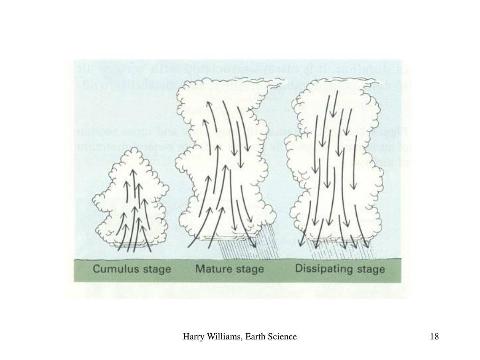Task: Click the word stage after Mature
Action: pyautogui.click(x=248, y=270)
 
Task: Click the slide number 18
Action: pyautogui.click(x=434, y=337)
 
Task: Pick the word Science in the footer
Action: pyautogui.click(x=282, y=337)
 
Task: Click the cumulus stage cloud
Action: pyautogui.click(x=131, y=197)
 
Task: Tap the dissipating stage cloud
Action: pyautogui.click(x=335, y=164)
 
